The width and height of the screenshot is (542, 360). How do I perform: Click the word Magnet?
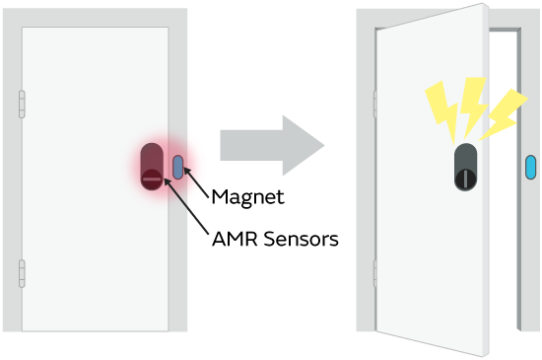[248, 197]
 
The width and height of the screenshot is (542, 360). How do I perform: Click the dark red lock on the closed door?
[152, 165]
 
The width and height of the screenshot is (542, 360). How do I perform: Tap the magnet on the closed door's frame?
[177, 167]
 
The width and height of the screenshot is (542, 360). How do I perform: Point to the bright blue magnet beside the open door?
[530, 167]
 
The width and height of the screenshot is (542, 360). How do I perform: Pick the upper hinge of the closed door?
[21, 105]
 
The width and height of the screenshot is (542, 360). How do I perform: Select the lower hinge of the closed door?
[21, 273]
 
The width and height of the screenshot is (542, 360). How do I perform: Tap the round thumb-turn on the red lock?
[151, 179]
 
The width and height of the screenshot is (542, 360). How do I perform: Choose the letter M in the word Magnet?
[222, 197]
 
